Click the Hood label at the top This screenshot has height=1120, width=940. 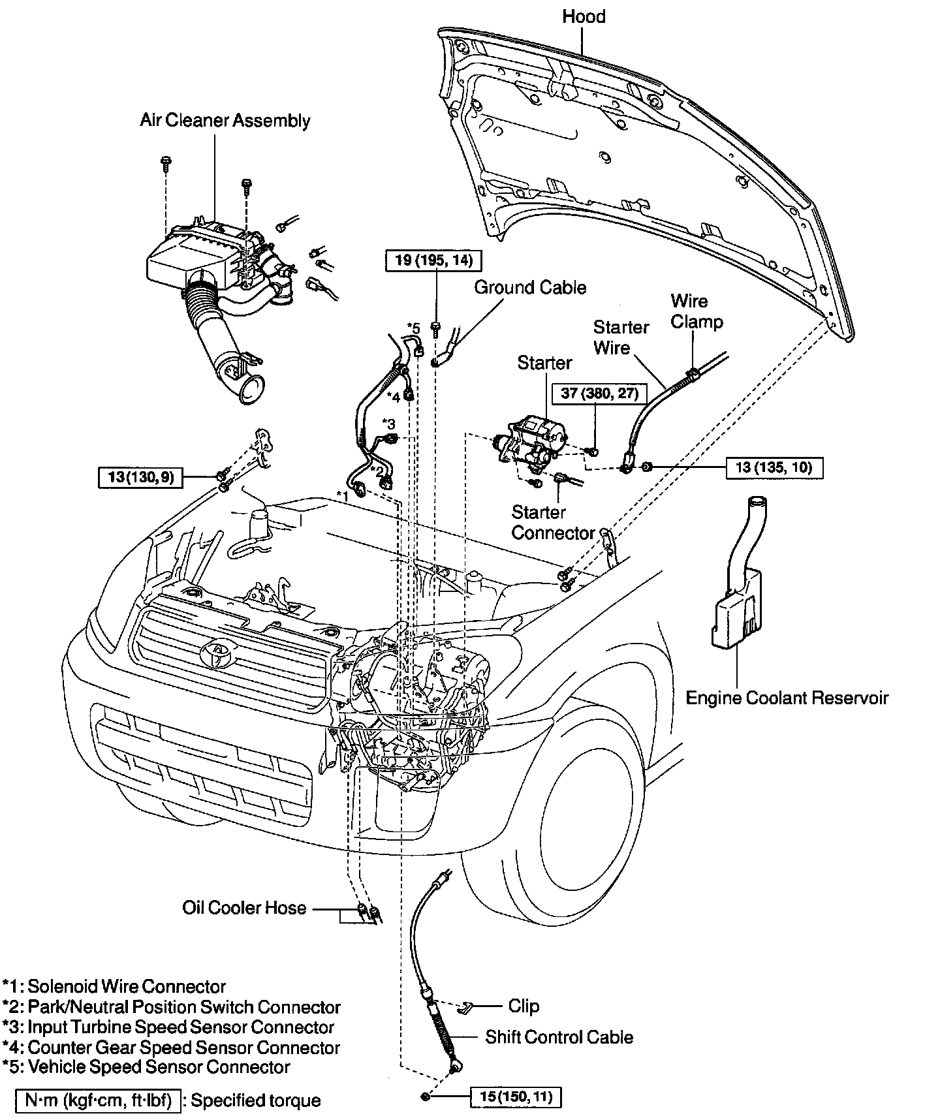pyautogui.click(x=584, y=16)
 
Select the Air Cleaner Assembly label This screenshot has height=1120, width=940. pyautogui.click(x=225, y=121)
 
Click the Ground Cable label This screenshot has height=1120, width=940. pyautogui.click(x=530, y=288)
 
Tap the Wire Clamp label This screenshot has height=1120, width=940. pyautogui.click(x=697, y=311)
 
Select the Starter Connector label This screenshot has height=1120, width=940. pyautogui.click(x=553, y=523)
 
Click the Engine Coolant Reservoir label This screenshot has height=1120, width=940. pyautogui.click(x=787, y=698)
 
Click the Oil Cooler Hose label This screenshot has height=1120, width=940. pyautogui.click(x=244, y=908)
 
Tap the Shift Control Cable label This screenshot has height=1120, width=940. pyautogui.click(x=559, y=1037)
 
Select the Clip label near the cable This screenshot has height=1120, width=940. pyautogui.click(x=524, y=1006)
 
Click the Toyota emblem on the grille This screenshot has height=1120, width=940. pyautogui.click(x=215, y=653)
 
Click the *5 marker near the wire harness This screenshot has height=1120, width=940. pyautogui.click(x=413, y=328)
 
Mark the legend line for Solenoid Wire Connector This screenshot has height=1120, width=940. pyautogui.click(x=114, y=986)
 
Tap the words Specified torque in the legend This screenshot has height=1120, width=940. pyautogui.click(x=256, y=1101)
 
